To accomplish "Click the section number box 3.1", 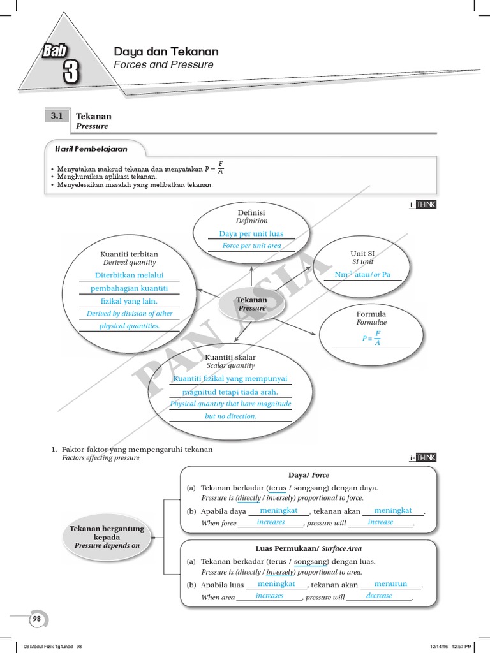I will (57, 116).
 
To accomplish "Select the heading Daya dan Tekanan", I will (166, 52).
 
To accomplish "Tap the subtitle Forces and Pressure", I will (163, 65).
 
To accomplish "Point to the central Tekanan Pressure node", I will (251, 304).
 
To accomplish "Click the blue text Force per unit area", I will (251, 246).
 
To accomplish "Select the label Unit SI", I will (362, 254).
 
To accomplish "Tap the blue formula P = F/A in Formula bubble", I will (371, 338).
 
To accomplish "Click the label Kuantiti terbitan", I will (130, 254).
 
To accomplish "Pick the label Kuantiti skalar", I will (230, 358).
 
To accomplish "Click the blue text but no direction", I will (230, 416).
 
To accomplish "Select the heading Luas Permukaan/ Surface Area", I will (309, 548).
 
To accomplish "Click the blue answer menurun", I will (390, 583).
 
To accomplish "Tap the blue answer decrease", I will (379, 596).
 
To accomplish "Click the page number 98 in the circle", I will (36, 619).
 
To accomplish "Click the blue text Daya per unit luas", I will (251, 234).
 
